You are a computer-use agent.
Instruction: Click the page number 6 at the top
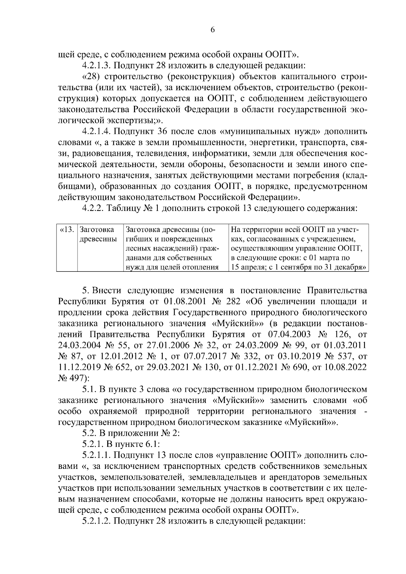[212, 30]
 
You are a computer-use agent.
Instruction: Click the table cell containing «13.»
[67, 230]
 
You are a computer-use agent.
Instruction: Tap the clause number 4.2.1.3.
[96, 65]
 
